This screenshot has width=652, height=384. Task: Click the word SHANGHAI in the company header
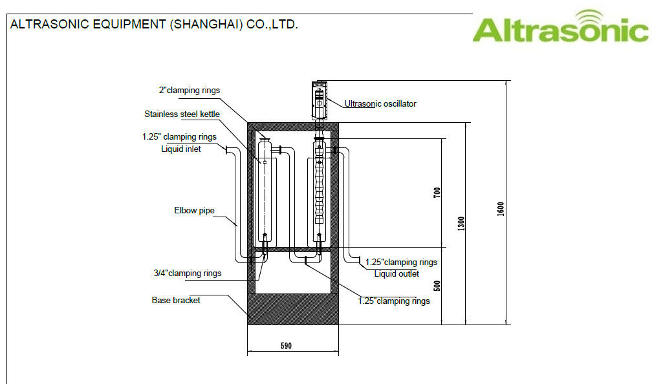pos(206,25)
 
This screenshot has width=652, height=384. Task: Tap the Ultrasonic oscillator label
pos(380,104)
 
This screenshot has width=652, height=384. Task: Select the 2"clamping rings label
pos(189,91)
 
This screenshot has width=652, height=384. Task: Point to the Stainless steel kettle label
pos(182,114)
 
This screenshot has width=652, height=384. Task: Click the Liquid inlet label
pos(181,149)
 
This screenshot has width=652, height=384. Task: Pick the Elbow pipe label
pos(194,210)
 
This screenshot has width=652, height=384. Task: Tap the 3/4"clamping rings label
pos(188,273)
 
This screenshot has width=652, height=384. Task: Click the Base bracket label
pos(176,300)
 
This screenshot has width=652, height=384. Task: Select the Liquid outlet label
pos(397,274)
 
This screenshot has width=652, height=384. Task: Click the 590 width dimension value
pos(286,346)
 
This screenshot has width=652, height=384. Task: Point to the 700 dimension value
pos(437,193)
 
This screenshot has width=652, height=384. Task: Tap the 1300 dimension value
pos(461,224)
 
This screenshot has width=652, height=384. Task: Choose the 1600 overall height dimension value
pos(500,209)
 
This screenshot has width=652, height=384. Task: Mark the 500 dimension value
pos(437,286)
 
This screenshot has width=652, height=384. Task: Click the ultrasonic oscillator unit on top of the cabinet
pos(320,101)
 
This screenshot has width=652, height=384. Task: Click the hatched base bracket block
pos(293,309)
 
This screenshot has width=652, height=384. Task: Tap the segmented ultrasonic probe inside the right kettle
pos(319,183)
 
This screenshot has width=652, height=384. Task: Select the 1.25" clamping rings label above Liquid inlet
pos(179,137)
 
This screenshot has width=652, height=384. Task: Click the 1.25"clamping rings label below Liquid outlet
pos(394,301)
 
